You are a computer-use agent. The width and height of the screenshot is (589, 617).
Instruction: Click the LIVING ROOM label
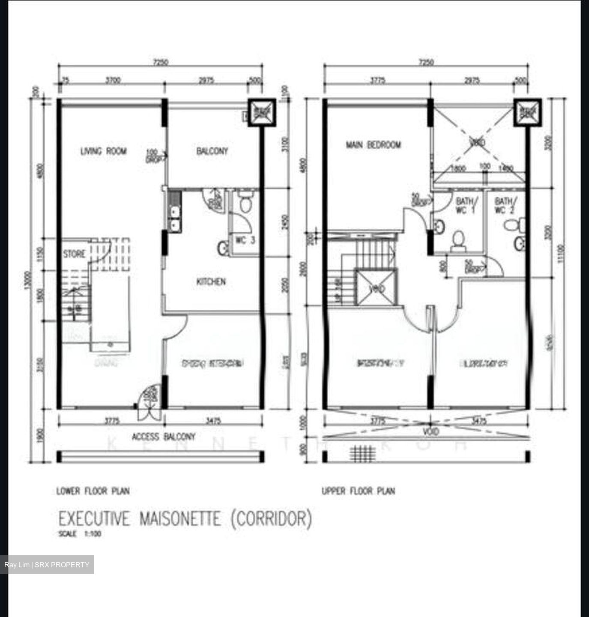click(x=104, y=151)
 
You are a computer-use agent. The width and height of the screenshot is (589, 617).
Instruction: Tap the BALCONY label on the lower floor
click(x=212, y=151)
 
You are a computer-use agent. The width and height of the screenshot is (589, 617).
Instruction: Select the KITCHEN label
click(x=211, y=282)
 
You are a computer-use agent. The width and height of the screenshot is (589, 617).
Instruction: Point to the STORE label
click(x=74, y=254)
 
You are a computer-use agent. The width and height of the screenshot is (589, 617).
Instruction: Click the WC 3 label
click(x=245, y=240)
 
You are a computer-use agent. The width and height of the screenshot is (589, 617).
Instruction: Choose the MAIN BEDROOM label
click(x=374, y=145)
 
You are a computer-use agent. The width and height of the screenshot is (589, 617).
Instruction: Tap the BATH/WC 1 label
click(x=465, y=205)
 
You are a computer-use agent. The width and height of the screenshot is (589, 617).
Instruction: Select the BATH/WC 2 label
click(x=506, y=205)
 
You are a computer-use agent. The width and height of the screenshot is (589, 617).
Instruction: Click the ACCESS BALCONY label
click(x=163, y=437)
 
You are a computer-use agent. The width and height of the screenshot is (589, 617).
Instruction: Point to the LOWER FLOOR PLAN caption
click(x=93, y=491)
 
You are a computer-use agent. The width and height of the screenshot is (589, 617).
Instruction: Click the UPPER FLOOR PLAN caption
click(x=359, y=491)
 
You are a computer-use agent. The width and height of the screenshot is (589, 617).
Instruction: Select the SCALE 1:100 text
click(x=80, y=534)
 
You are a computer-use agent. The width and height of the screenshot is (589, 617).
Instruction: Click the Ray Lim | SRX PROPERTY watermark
click(x=47, y=565)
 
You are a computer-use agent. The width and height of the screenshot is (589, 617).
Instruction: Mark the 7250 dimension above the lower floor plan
click(x=160, y=63)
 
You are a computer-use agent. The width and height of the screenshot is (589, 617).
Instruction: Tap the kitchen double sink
click(x=175, y=218)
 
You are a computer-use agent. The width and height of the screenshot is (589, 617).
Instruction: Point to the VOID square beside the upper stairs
click(x=376, y=288)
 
